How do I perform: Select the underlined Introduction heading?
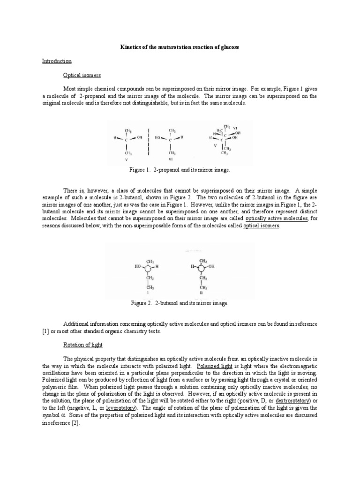point(57,61)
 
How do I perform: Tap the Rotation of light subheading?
point(82,345)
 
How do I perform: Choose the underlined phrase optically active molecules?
point(276,218)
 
